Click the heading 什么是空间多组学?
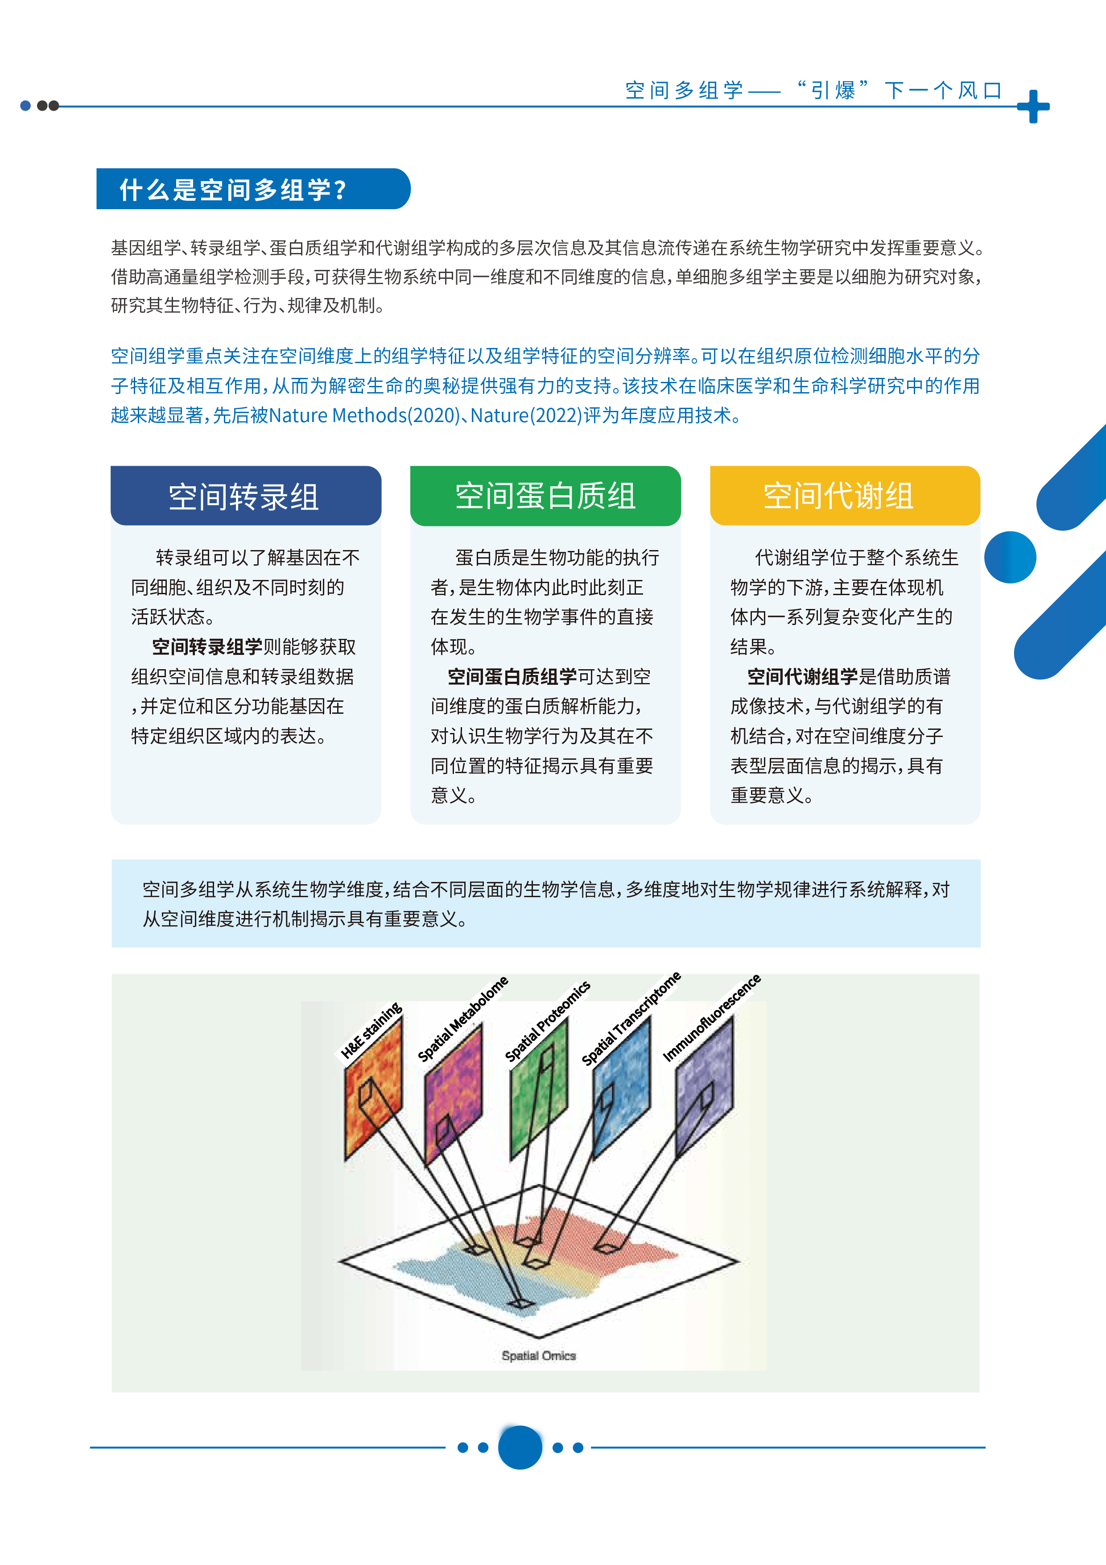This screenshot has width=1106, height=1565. tap(233, 190)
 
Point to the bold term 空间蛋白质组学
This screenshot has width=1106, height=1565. tap(512, 677)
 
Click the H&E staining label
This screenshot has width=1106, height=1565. tap(371, 1030)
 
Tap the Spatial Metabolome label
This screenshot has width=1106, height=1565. tap(463, 1018)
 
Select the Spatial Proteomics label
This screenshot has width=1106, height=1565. tap(547, 1021)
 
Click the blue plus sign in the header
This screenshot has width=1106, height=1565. tap(1033, 106)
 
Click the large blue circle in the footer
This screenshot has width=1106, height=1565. tap(520, 1447)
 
